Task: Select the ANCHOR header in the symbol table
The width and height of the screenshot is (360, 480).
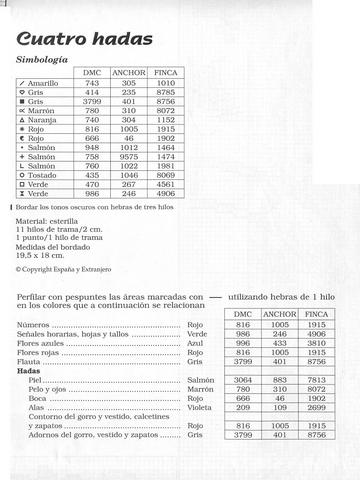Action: click(129, 74)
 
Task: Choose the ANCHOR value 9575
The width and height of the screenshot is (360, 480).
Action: click(129, 156)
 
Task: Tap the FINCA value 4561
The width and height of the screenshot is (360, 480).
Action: click(167, 184)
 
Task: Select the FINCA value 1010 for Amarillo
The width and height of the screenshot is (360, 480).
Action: click(167, 83)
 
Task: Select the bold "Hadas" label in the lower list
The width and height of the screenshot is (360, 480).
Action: click(30, 371)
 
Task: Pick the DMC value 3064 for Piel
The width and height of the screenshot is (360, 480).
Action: click(243, 380)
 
